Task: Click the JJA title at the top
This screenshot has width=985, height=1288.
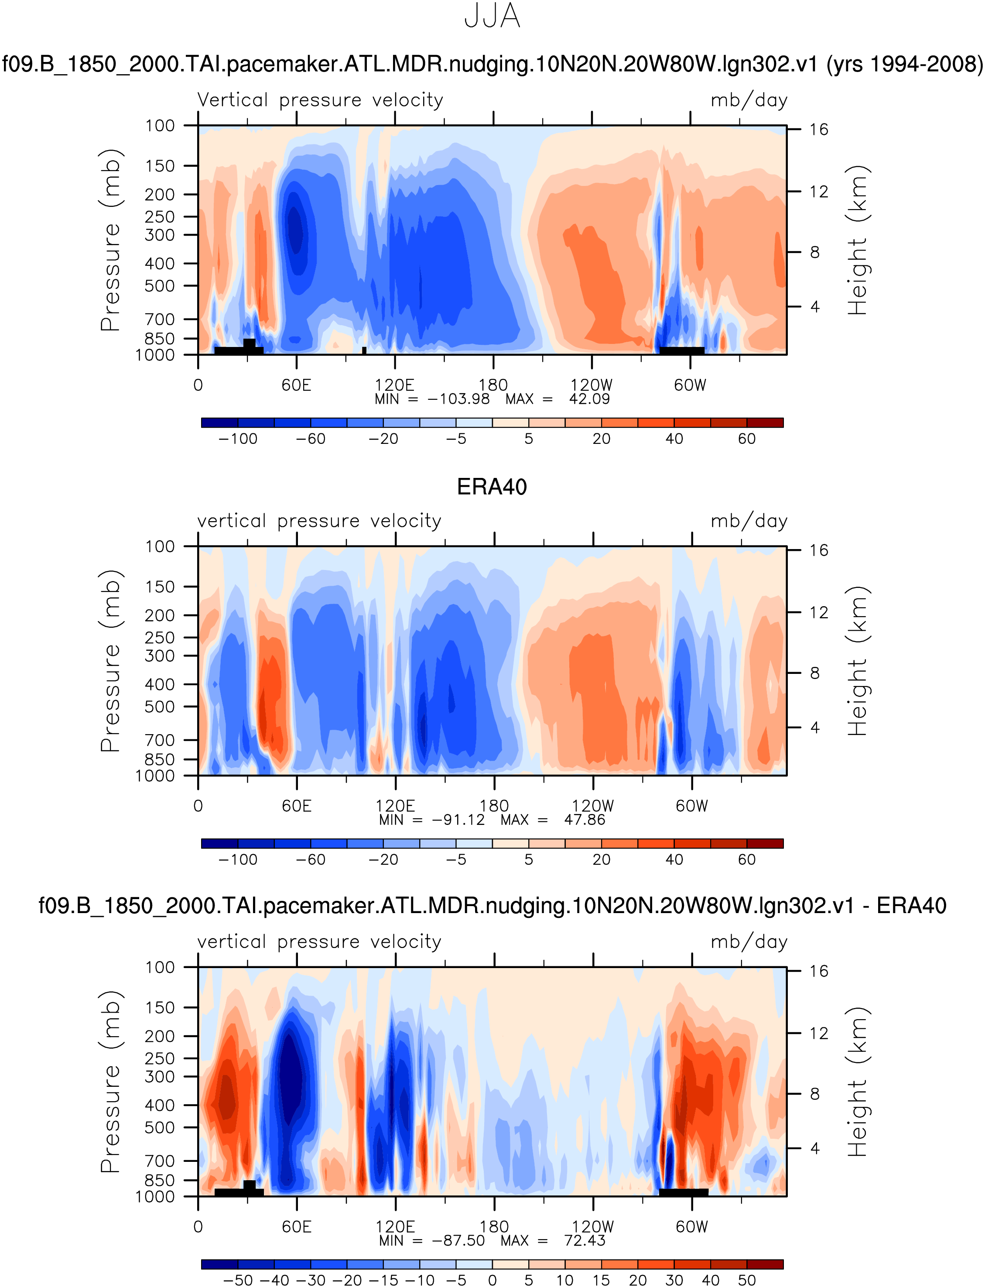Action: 492,17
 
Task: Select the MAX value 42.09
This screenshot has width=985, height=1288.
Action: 589,399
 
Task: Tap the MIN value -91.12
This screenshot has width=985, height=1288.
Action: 458,820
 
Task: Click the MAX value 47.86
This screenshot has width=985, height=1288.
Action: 585,820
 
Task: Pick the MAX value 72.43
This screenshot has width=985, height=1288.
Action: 585,1240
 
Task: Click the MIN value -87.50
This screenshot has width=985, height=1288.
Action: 458,1240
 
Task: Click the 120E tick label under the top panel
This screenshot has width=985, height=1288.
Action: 395,385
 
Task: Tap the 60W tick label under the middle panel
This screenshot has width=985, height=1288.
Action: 692,806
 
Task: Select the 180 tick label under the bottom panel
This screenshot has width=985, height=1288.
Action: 494,1226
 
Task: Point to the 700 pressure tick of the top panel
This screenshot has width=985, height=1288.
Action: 160,319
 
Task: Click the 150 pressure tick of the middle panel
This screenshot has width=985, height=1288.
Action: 160,587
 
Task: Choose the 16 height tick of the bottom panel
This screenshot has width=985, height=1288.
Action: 819,971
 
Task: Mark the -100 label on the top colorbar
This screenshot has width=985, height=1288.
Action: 238,439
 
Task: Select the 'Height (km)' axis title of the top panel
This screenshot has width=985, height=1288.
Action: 858,240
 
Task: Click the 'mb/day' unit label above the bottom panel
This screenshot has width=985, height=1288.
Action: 749,942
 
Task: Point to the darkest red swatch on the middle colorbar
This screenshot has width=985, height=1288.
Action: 765,843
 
